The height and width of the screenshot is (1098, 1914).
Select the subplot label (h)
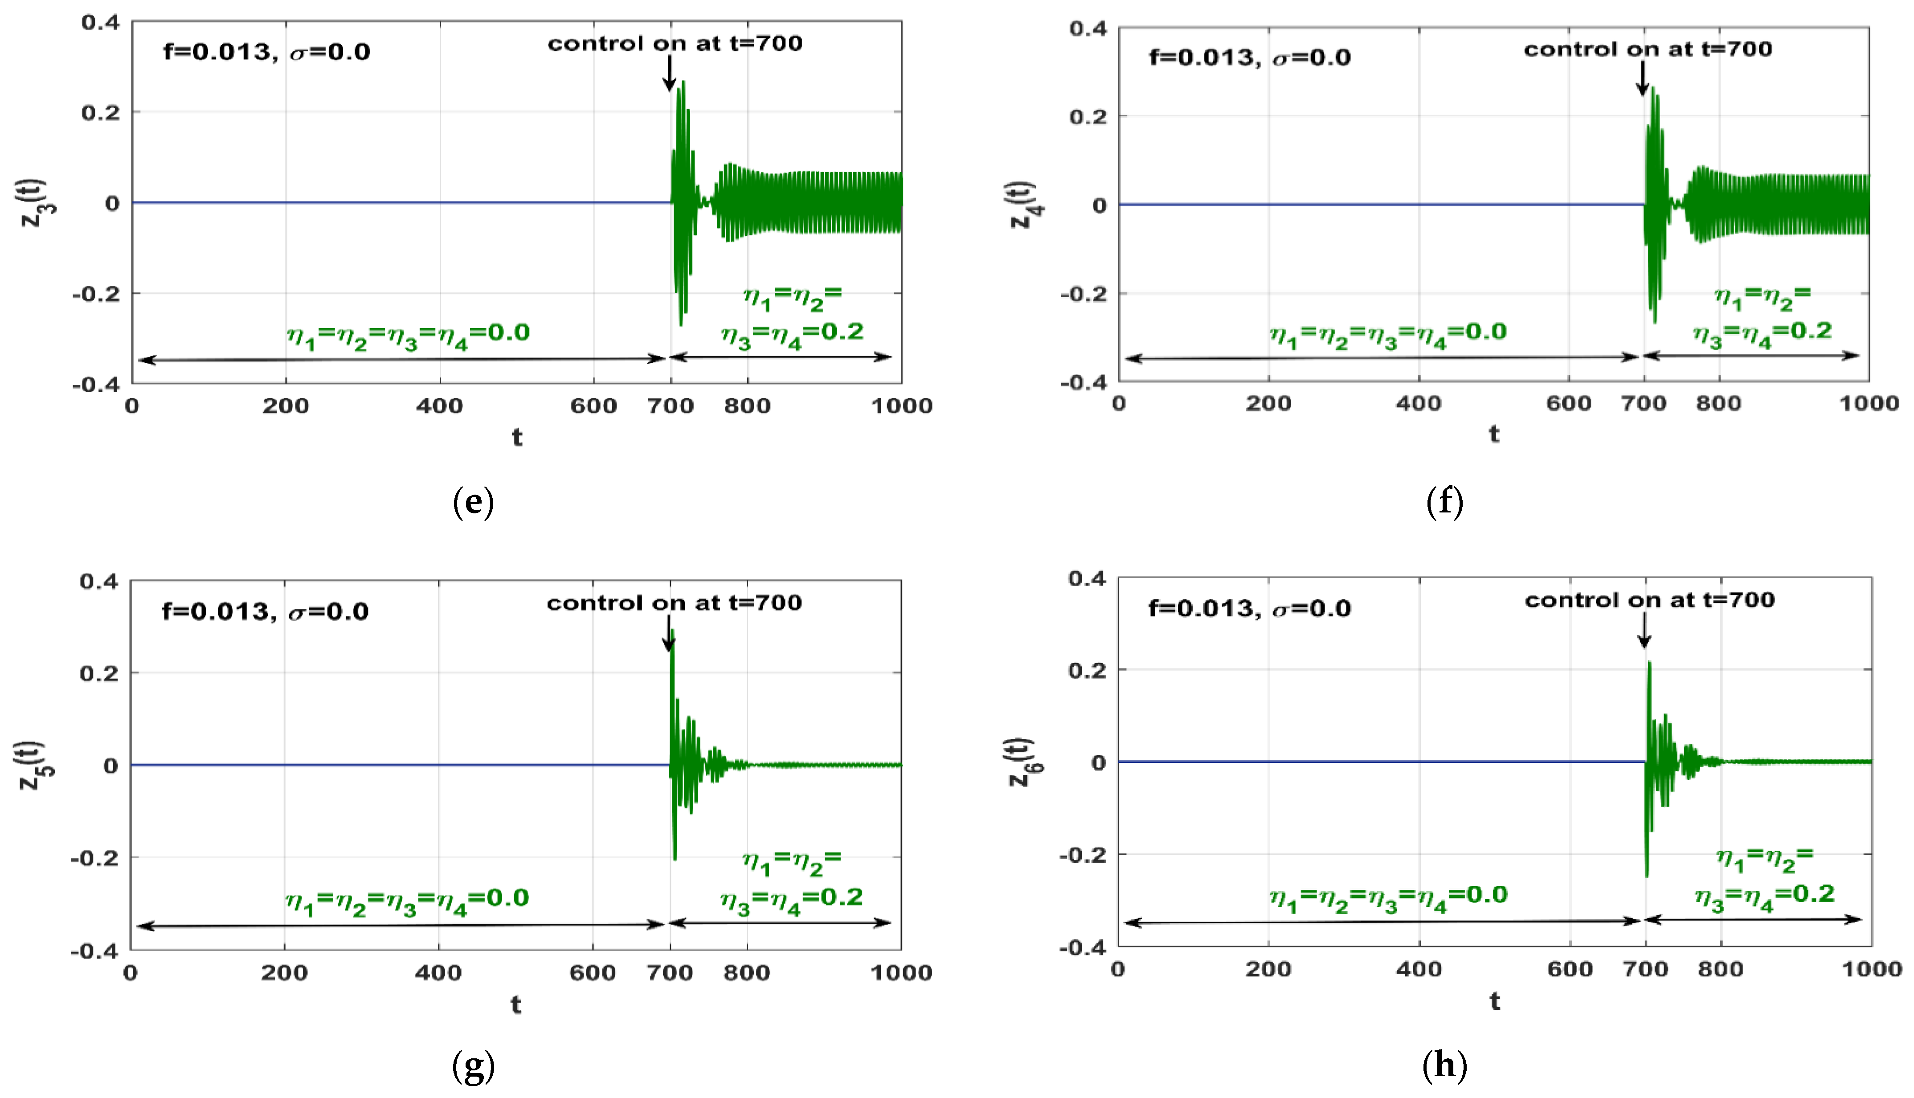click(x=1444, y=1065)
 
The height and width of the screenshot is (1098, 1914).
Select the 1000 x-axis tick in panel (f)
click(x=1869, y=403)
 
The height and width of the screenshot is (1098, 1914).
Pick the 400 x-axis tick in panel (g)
click(x=438, y=973)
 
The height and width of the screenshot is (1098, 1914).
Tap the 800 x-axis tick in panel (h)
click(x=1720, y=969)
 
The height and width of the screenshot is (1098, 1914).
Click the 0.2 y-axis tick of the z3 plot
click(x=100, y=112)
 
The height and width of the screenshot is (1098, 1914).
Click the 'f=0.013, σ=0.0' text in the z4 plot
click(x=1249, y=58)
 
